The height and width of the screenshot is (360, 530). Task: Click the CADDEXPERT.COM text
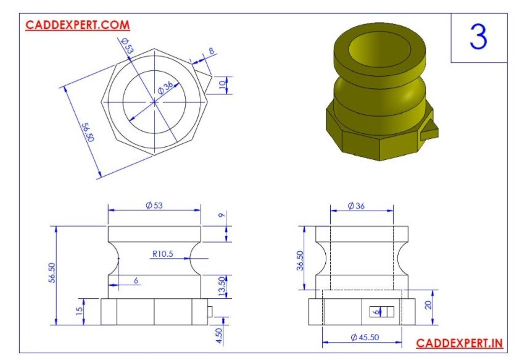tap(77, 25)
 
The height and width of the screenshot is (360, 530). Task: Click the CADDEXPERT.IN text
tap(459, 343)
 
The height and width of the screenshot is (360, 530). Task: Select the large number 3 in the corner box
tap(478, 38)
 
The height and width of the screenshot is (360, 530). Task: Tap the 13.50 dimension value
tap(223, 287)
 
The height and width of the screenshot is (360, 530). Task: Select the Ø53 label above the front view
tap(154, 205)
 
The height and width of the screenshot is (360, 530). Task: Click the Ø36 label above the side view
tap(355, 205)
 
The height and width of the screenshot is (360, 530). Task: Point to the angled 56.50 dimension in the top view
tap(87, 132)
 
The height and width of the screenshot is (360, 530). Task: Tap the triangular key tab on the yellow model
tap(431, 129)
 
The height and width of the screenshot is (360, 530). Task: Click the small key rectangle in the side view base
tap(381, 312)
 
